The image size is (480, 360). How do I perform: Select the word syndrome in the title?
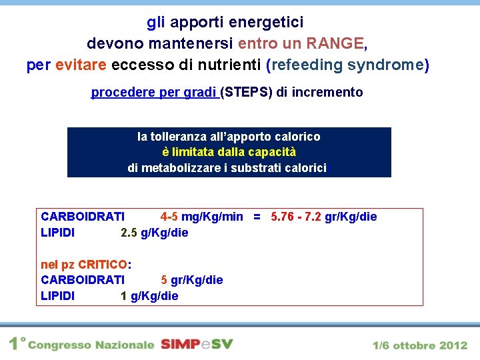pyautogui.click(x=389, y=65)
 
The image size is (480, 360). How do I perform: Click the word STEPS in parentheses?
pyautogui.click(x=246, y=93)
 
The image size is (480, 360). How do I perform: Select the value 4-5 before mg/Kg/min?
pyautogui.click(x=169, y=217)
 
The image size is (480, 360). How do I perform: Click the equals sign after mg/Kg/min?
pyautogui.click(x=257, y=217)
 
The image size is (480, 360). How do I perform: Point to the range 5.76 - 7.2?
pyautogui.click(x=296, y=217)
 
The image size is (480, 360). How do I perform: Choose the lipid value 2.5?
pyautogui.click(x=129, y=233)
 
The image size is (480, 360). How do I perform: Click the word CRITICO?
pyautogui.click(x=102, y=264)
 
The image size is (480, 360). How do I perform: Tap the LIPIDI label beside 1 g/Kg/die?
pyautogui.click(x=58, y=296)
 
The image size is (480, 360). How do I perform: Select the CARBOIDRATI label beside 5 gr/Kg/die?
pyautogui.click(x=83, y=280)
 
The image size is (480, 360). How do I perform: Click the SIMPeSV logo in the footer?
pyautogui.click(x=197, y=344)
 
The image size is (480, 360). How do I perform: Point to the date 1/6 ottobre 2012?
pyautogui.click(x=420, y=345)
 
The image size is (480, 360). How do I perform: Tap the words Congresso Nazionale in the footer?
pyautogui.click(x=90, y=345)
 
